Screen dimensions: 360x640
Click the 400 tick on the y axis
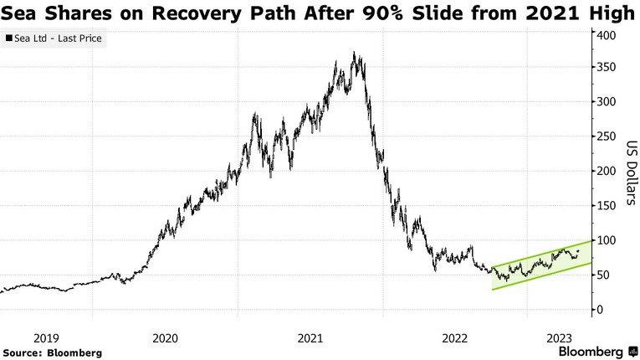607,34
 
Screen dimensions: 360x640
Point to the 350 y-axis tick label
607,68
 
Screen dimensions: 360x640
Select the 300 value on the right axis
607,102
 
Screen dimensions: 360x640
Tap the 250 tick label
607,136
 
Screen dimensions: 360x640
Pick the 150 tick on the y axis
607,206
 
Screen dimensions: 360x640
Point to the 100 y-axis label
607,241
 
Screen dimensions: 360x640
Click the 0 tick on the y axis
600,310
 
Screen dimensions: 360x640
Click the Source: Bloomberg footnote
52,353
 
